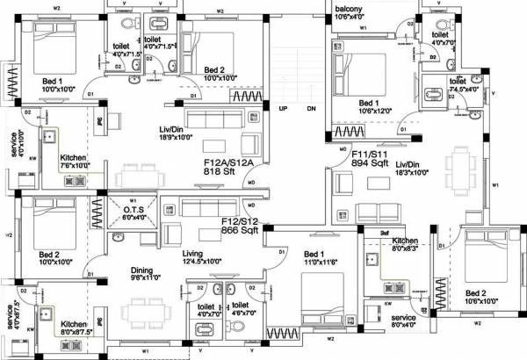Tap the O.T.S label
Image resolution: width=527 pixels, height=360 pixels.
134,210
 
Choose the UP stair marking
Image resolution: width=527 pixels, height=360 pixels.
283,109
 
